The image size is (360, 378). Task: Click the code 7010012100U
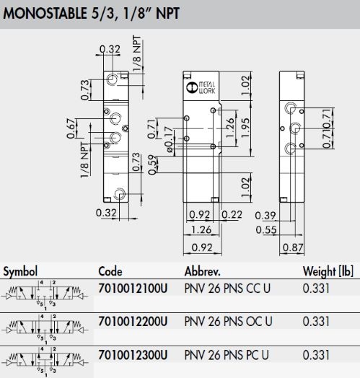click(x=133, y=289)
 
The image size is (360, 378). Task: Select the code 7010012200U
click(x=133, y=321)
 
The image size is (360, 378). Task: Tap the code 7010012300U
click(x=133, y=355)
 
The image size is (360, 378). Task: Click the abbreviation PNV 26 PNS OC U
click(x=228, y=321)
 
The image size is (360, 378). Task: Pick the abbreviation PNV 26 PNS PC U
click(x=227, y=355)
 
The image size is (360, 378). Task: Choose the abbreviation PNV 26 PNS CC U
click(x=227, y=289)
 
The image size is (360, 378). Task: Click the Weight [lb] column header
click(x=328, y=272)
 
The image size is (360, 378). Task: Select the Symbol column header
click(x=20, y=272)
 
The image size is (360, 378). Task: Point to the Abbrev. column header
click(x=203, y=271)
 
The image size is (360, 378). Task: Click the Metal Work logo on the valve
click(x=201, y=87)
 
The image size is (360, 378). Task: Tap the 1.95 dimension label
click(x=245, y=128)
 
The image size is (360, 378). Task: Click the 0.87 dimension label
click(x=293, y=247)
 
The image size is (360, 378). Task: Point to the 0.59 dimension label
click(x=153, y=164)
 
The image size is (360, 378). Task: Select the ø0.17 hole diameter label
click(x=169, y=139)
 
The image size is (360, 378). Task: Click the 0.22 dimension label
click(x=232, y=214)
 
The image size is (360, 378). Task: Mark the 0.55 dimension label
click(x=266, y=229)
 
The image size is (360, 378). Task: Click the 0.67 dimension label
click(x=71, y=128)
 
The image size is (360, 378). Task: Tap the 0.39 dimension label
click(x=265, y=215)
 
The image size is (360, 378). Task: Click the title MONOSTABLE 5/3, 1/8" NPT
click(x=91, y=14)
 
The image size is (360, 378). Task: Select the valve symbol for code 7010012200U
click(x=45, y=329)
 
